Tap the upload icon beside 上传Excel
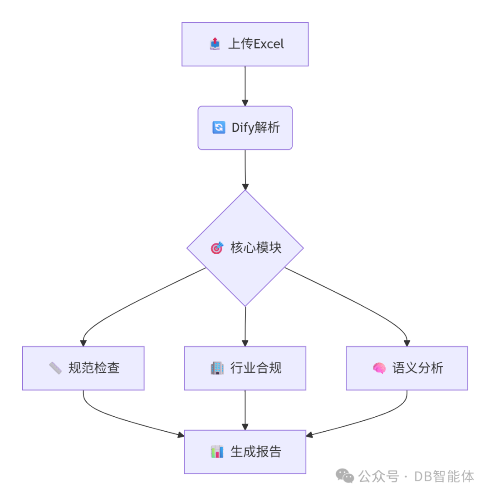pos(215,44)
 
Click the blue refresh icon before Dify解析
pos(218,128)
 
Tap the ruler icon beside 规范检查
pos(55,368)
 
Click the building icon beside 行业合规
pos(217,368)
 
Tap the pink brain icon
pos(379,368)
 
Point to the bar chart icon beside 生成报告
pos(217,452)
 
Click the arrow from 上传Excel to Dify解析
pos(245,86)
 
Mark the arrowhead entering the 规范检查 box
pos(83,342)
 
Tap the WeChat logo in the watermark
pos(345,476)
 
